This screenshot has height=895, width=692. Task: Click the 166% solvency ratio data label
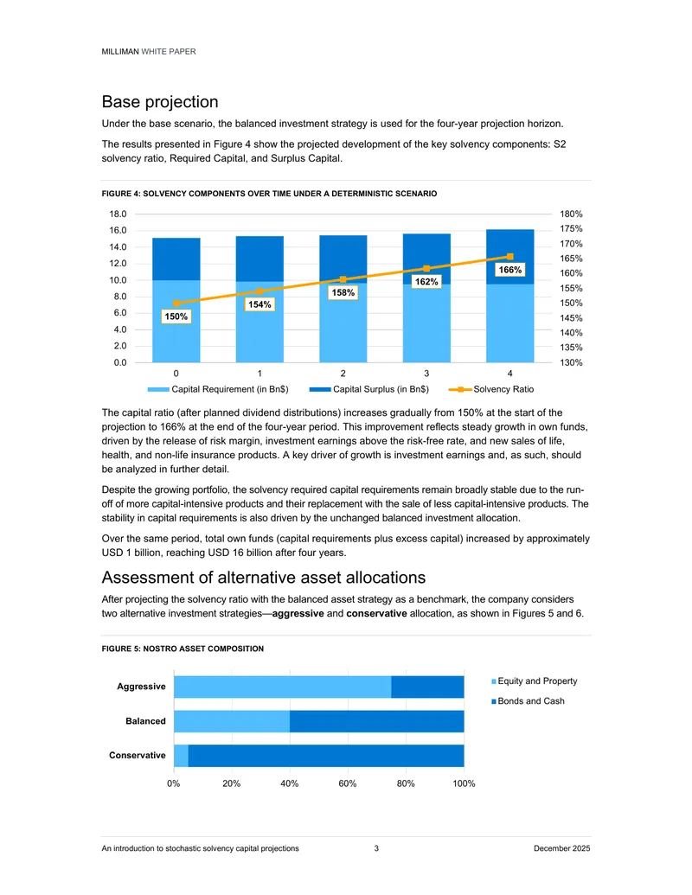pyautogui.click(x=509, y=270)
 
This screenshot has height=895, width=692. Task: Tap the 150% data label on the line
pyautogui.click(x=176, y=316)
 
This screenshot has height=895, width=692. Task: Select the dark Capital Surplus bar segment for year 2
pyautogui.click(x=343, y=259)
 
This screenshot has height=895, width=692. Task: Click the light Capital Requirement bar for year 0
pyautogui.click(x=176, y=321)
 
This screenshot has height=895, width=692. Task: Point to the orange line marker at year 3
pyautogui.click(x=426, y=268)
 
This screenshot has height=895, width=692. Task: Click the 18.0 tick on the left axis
pyautogui.click(x=119, y=214)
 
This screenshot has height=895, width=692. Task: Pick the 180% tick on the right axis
pyautogui.click(x=571, y=214)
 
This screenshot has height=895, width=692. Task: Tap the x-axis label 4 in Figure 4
pyautogui.click(x=509, y=374)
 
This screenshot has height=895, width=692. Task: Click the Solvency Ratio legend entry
pyautogui.click(x=491, y=389)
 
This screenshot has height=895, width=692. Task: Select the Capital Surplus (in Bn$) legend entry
pyautogui.click(x=368, y=389)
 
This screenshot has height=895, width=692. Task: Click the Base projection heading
pyautogui.click(x=160, y=101)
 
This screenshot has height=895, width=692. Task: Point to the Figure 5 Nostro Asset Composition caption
pyautogui.click(x=183, y=649)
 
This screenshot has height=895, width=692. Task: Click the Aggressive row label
pyautogui.click(x=141, y=686)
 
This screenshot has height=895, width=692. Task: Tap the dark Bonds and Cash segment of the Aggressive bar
pyautogui.click(x=427, y=687)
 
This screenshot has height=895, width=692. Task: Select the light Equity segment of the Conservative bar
pyautogui.click(x=181, y=756)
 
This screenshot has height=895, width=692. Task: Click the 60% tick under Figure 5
pyautogui.click(x=347, y=783)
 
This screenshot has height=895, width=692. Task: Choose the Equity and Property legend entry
pyautogui.click(x=535, y=681)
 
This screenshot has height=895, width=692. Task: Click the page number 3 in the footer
pyautogui.click(x=376, y=848)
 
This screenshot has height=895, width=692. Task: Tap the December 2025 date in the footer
pyautogui.click(x=562, y=848)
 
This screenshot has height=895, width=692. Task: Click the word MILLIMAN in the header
pyautogui.click(x=120, y=51)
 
